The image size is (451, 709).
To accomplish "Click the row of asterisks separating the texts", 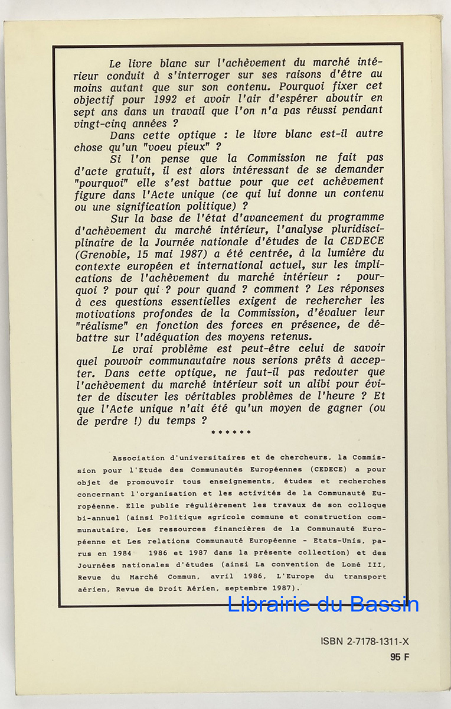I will click(231, 432).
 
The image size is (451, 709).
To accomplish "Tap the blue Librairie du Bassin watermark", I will click(323, 604).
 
